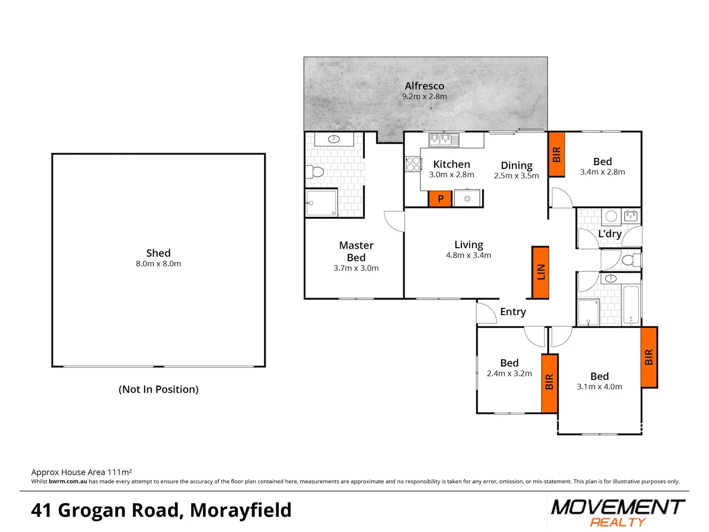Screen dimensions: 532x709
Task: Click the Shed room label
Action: click(x=158, y=253)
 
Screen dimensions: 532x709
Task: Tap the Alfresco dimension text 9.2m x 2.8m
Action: click(x=424, y=97)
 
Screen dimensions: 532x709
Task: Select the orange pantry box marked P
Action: click(x=440, y=199)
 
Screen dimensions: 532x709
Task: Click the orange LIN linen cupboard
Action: click(x=540, y=272)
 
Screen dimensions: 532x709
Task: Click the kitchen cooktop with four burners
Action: click(x=413, y=164)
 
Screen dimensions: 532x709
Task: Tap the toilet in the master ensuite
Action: click(x=315, y=172)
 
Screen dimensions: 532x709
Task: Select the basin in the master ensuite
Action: click(x=334, y=139)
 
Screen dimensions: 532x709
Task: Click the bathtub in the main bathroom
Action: click(x=631, y=304)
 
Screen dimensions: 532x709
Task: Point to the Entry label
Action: click(x=513, y=312)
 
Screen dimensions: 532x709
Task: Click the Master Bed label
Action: click(x=356, y=251)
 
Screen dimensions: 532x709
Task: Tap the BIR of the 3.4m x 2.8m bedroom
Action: click(x=556, y=155)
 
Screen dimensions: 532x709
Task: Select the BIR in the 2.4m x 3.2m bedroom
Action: click(x=549, y=383)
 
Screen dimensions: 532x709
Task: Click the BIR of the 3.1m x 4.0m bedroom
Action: click(x=649, y=357)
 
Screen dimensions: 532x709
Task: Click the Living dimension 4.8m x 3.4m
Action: click(x=468, y=255)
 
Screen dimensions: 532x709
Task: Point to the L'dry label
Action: click(x=610, y=234)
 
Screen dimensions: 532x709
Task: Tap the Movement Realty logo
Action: click(x=617, y=512)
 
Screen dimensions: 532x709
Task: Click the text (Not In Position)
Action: click(x=159, y=389)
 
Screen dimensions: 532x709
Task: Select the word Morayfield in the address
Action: click(x=241, y=510)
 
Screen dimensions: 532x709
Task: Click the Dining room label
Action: click(x=516, y=166)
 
